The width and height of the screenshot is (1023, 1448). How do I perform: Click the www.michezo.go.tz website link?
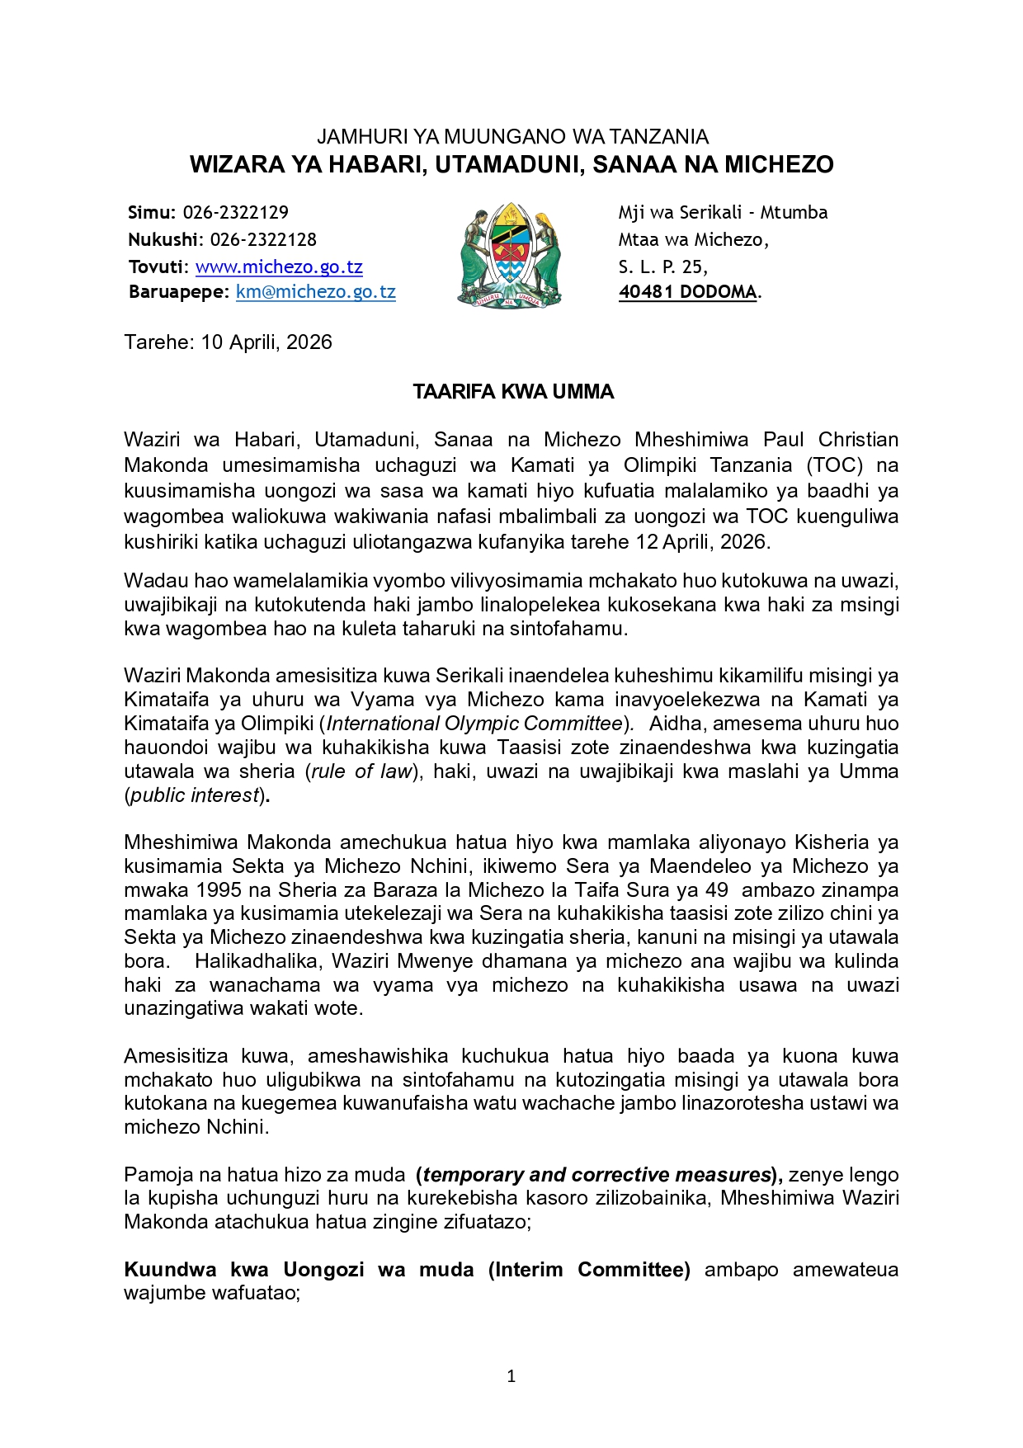(279, 267)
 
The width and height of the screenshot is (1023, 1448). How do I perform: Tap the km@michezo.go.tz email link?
(315, 292)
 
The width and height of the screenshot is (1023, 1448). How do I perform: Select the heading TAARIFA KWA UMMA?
(513, 392)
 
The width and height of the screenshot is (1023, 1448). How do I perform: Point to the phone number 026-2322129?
(235, 213)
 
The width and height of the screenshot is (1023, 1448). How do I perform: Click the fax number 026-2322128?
(262, 240)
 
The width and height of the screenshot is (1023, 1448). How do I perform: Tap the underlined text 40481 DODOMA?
(687, 292)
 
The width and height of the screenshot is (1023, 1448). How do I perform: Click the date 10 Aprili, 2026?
(266, 342)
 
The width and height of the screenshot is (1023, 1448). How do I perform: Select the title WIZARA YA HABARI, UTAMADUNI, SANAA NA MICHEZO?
(511, 165)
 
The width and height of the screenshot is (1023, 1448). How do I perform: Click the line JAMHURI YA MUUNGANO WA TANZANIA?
(512, 137)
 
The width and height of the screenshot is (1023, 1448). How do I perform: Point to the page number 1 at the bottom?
(511, 1375)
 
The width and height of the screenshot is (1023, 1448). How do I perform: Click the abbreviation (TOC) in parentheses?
(835, 465)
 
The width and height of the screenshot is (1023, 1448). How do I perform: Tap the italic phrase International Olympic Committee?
(474, 724)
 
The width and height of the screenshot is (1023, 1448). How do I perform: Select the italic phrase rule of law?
(361, 771)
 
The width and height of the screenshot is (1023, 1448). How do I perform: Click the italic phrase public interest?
(196, 795)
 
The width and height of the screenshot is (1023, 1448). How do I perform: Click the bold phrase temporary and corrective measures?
(596, 1175)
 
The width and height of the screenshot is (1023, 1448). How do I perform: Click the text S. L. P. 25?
(662, 267)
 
